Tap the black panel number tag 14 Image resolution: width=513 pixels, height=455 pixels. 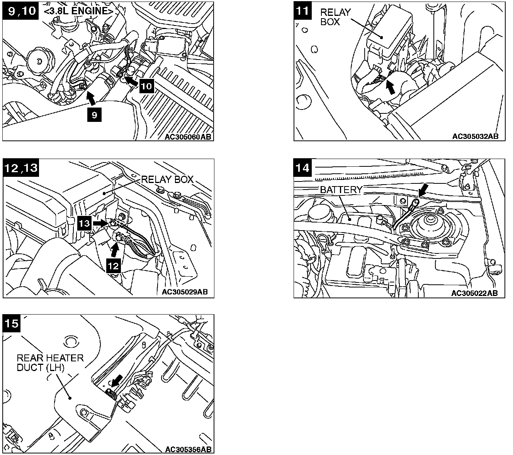click(x=302, y=168)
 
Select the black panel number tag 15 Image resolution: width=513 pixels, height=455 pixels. click(x=12, y=323)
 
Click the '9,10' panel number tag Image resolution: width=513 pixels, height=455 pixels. click(x=20, y=10)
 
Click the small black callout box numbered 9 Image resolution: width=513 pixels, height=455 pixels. click(x=95, y=115)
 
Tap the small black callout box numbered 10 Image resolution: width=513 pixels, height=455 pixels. click(x=146, y=86)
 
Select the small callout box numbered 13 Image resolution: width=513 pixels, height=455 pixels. click(x=85, y=223)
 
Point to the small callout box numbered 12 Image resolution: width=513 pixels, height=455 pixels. click(x=114, y=265)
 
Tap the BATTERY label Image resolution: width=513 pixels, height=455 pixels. click(x=341, y=190)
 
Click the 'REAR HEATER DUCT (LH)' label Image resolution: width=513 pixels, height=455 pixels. click(x=50, y=363)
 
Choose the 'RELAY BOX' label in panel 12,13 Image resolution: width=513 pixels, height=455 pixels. click(x=167, y=180)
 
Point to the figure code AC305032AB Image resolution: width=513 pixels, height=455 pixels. click(x=475, y=136)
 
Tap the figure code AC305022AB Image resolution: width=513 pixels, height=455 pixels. click(x=474, y=293)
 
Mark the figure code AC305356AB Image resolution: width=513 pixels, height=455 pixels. click(x=188, y=449)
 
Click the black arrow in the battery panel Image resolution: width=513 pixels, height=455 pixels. click(x=423, y=190)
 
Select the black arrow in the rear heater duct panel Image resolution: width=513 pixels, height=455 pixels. click(x=116, y=381)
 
